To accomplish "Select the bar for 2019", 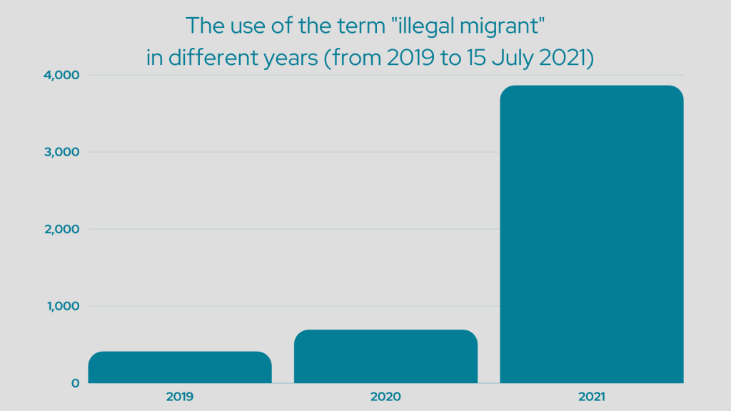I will tap(180, 367).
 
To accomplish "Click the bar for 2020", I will tap(385, 356).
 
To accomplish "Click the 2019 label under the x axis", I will tap(180, 395).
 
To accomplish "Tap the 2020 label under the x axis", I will tap(385, 395).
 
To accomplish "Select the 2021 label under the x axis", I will tap(591, 395).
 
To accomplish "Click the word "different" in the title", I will tap(204, 58).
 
